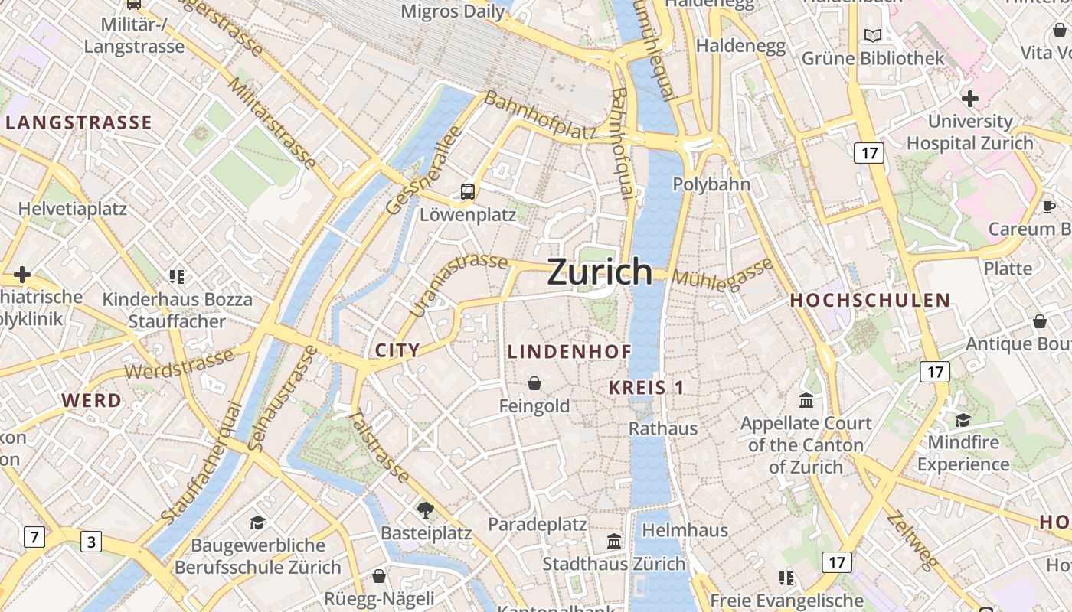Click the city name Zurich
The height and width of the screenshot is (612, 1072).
tap(600, 272)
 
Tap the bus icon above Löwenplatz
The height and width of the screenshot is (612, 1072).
tap(468, 192)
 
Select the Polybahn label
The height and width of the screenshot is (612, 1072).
tap(711, 184)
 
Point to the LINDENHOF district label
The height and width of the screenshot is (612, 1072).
tap(570, 352)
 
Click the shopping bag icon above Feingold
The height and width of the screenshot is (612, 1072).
tap(534, 382)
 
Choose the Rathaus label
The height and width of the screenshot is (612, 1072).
tap(663, 428)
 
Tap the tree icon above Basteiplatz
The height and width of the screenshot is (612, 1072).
tap(426, 509)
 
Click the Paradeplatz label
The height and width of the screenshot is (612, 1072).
tap(538, 525)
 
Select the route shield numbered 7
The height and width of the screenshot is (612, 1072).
tap(34, 537)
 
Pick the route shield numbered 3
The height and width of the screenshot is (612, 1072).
tap(91, 542)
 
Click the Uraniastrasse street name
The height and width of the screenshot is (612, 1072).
tap(458, 284)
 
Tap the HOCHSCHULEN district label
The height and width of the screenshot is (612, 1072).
tap(870, 301)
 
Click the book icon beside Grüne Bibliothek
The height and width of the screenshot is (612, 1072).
tap(872, 35)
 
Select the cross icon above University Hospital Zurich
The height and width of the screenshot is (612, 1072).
tap(970, 98)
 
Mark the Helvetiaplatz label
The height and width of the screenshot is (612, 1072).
tap(73, 209)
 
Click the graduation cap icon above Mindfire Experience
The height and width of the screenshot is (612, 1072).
tap(963, 419)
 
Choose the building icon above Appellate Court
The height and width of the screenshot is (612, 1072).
tap(806, 400)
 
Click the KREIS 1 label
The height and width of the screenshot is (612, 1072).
tap(646, 388)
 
